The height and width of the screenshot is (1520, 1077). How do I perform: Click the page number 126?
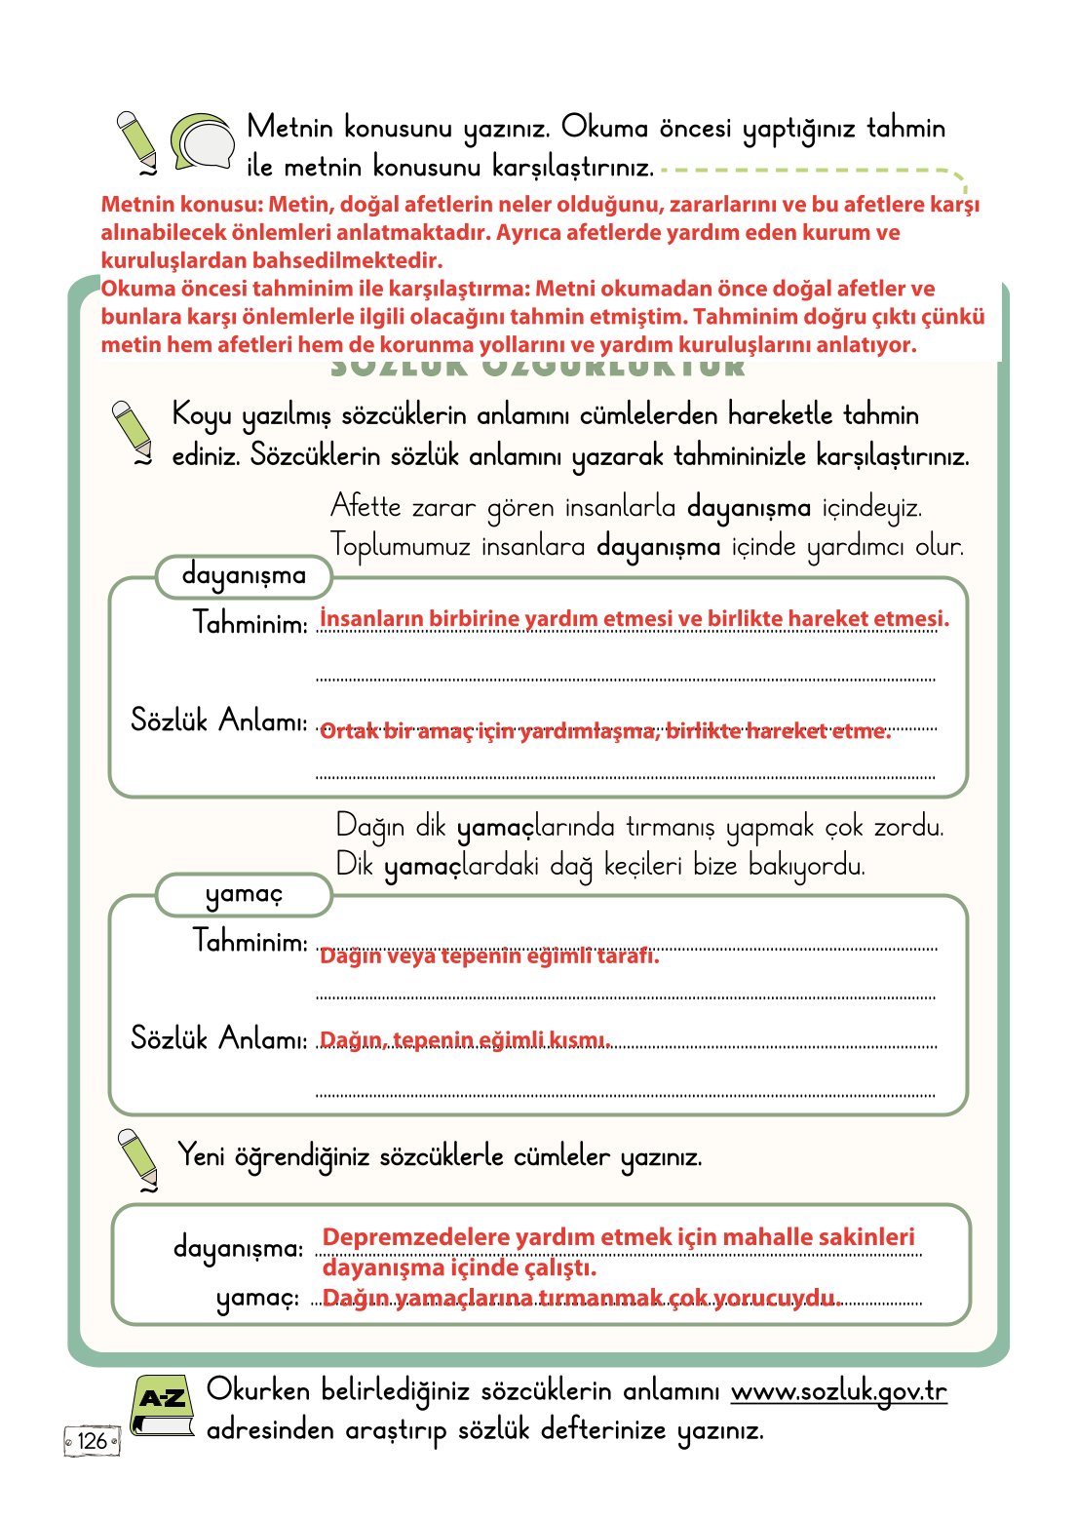pyautogui.click(x=92, y=1441)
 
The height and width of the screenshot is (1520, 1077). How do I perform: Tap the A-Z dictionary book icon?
pyautogui.click(x=163, y=1405)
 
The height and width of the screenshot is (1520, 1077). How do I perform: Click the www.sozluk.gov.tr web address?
pyautogui.click(x=838, y=1391)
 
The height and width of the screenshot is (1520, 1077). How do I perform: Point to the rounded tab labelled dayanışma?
pyautogui.click(x=244, y=576)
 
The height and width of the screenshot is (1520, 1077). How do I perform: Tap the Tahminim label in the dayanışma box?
pyautogui.click(x=250, y=622)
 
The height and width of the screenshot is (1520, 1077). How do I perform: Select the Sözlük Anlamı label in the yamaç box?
pyautogui.click(x=218, y=1038)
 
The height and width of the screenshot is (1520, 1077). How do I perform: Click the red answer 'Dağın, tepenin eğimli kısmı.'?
pyautogui.click(x=465, y=1040)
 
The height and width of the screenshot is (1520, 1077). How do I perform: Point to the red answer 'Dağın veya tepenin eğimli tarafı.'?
pyautogui.click(x=489, y=955)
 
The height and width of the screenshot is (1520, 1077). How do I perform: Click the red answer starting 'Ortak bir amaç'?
pyautogui.click(x=604, y=731)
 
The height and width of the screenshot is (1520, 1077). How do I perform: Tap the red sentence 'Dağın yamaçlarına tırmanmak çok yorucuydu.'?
pyautogui.click(x=581, y=1298)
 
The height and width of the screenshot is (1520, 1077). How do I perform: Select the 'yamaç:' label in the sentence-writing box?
pyautogui.click(x=257, y=1298)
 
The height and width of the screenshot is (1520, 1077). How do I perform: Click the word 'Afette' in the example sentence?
pyautogui.click(x=365, y=507)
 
